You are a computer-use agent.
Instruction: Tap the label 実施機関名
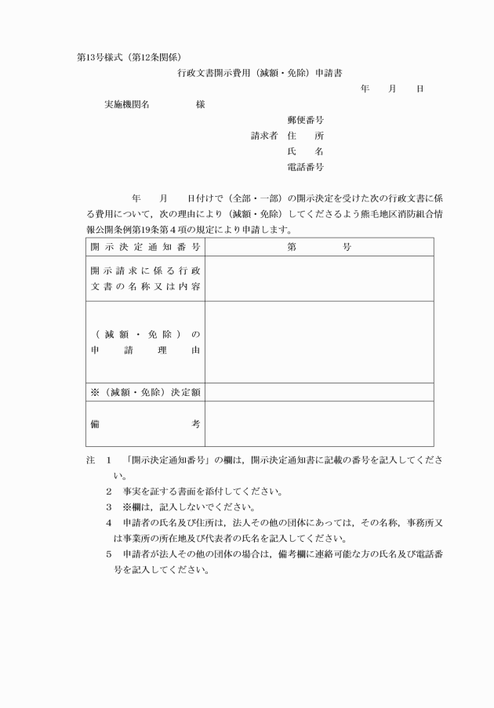point(127,104)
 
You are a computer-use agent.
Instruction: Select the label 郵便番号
point(306,120)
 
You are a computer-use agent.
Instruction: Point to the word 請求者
point(264,136)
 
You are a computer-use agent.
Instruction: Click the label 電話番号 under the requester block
point(306,167)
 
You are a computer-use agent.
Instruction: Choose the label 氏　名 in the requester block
point(306,151)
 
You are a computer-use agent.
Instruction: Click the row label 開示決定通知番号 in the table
point(145,247)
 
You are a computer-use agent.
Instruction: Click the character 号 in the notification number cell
point(347,247)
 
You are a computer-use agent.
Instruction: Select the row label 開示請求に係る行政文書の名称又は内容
point(145,278)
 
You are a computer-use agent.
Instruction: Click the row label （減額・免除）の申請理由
point(145,343)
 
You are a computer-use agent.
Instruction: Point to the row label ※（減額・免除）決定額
point(145,392)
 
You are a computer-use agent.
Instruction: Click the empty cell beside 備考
point(319,423)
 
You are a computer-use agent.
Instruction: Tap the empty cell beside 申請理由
point(319,342)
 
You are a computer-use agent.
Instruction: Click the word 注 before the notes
point(91,460)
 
